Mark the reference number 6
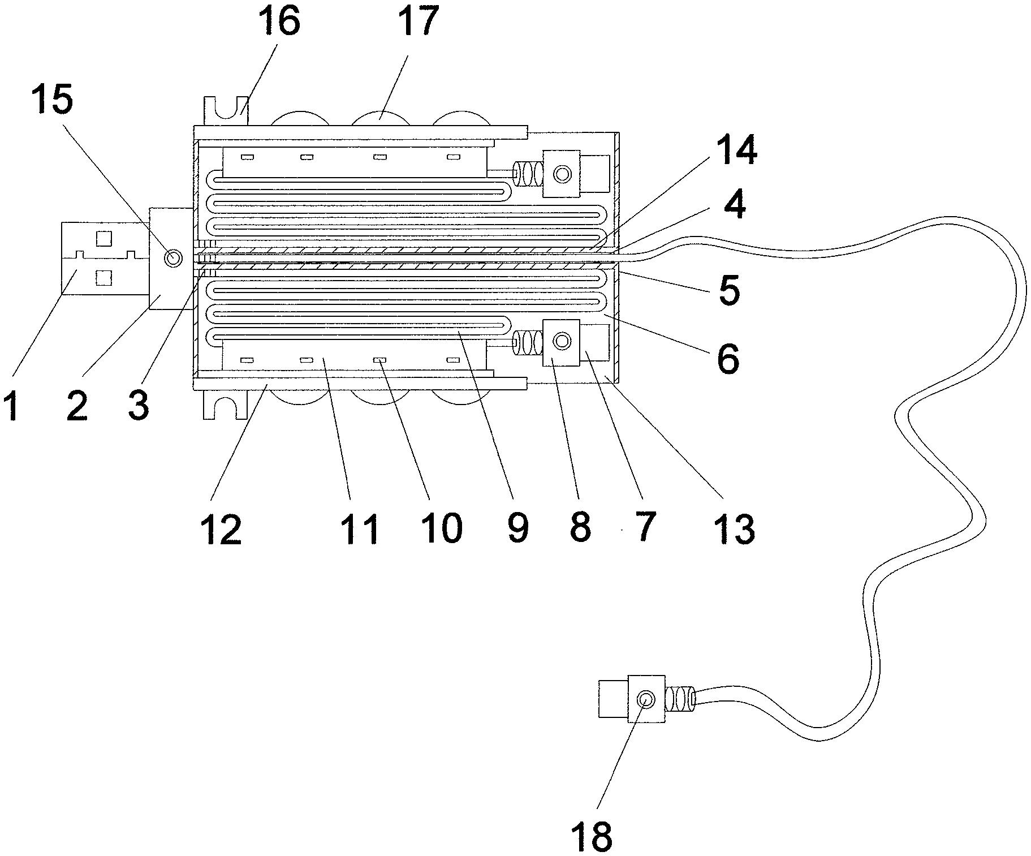click(x=728, y=358)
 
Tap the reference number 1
click(x=13, y=406)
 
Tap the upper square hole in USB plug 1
click(x=103, y=239)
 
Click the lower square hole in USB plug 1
click(x=103, y=277)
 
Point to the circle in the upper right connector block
click(x=562, y=173)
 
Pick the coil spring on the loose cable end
click(x=680, y=699)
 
